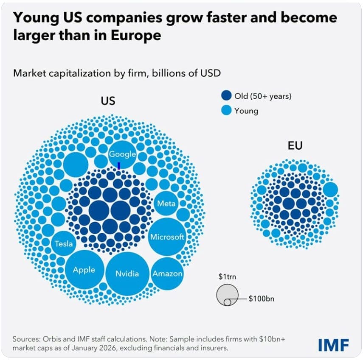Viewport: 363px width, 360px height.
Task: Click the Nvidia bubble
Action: [127, 273]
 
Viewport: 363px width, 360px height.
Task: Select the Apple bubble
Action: [84, 270]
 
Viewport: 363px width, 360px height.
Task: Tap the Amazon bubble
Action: [167, 273]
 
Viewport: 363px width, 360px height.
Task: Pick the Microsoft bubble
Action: [167, 237]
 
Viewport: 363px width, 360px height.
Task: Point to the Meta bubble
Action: [166, 204]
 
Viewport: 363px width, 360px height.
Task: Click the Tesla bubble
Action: [64, 244]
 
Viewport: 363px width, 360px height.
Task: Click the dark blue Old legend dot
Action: [227, 96]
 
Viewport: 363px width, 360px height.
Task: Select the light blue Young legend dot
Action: [227, 111]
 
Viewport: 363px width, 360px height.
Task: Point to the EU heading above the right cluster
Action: [295, 147]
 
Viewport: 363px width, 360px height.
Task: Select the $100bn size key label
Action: [262, 299]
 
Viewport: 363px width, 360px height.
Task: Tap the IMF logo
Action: [333, 345]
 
